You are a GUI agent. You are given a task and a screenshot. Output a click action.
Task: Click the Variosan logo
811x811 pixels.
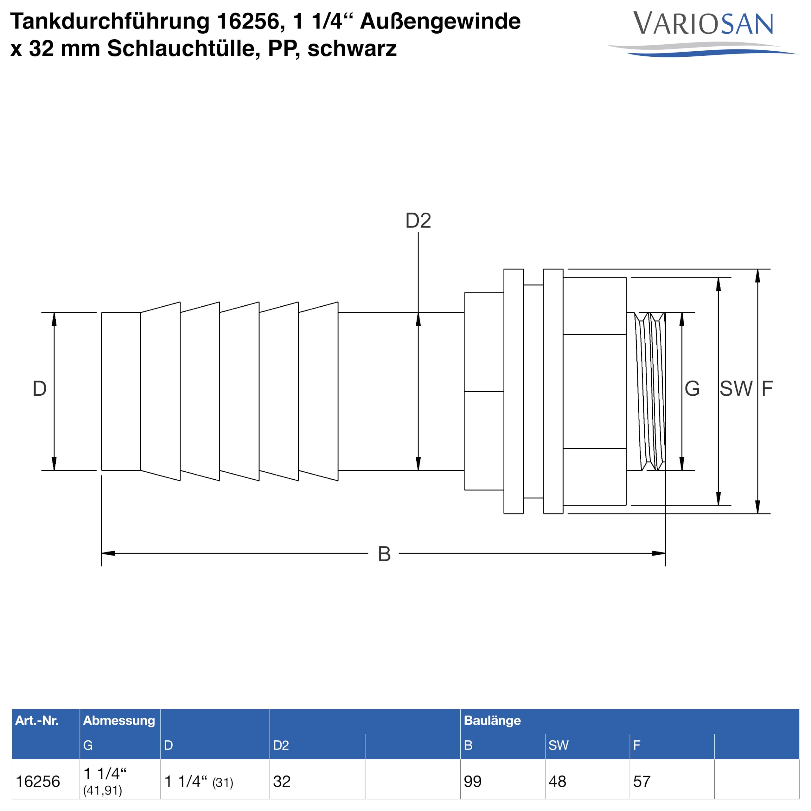tap(703, 34)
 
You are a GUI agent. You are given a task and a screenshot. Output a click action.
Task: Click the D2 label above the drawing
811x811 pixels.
tap(418, 220)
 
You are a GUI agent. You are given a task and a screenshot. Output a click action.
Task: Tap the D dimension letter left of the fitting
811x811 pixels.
tap(40, 389)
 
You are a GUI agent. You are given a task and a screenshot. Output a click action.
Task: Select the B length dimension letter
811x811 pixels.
tap(384, 554)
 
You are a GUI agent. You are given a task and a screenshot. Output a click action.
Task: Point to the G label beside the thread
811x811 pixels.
tap(692, 389)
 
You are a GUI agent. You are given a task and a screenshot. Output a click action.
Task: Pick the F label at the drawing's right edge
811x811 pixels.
tap(767, 389)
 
